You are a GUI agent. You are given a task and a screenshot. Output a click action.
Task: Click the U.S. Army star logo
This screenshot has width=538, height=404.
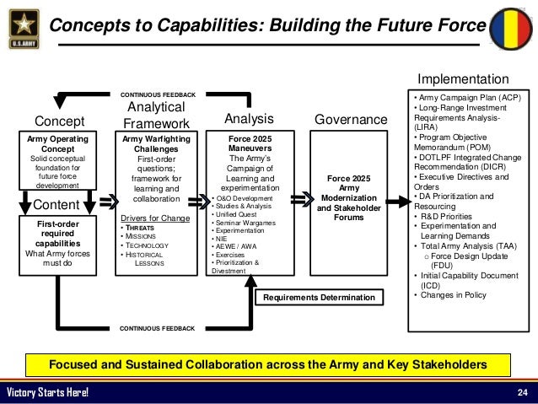tap(22, 25)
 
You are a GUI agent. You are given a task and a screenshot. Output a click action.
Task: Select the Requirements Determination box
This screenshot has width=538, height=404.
tap(318, 298)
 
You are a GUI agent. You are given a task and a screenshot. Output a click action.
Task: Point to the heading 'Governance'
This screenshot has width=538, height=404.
tap(350, 121)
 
